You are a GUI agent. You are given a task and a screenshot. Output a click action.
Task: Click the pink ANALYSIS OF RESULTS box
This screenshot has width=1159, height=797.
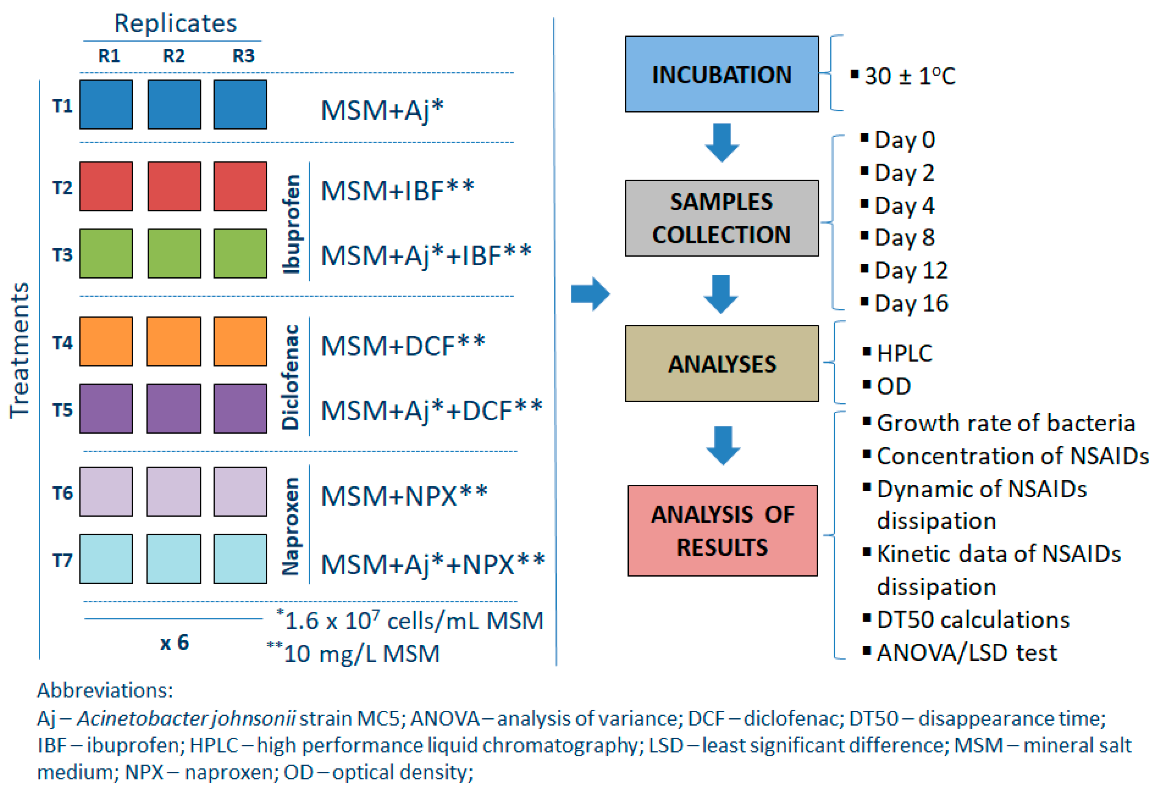[722, 530]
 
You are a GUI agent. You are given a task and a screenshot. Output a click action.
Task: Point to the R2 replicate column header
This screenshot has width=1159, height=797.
[174, 56]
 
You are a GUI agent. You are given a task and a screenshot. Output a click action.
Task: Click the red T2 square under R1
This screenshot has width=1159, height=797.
[106, 186]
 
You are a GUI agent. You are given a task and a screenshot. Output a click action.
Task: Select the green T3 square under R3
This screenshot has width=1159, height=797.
[240, 253]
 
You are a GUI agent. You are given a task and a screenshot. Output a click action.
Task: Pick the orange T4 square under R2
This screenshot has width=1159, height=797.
[174, 341]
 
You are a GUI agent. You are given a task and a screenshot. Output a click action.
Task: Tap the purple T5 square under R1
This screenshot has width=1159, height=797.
[106, 408]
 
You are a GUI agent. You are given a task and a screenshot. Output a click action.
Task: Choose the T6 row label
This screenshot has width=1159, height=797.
[62, 493]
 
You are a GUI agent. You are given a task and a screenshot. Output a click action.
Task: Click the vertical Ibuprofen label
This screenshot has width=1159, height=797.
[291, 224]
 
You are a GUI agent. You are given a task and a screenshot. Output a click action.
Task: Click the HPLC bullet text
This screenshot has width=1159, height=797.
[904, 354]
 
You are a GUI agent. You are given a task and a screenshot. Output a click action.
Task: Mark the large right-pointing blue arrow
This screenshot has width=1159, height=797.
[590, 294]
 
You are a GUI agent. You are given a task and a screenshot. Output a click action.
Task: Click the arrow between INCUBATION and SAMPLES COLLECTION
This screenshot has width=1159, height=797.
[722, 142]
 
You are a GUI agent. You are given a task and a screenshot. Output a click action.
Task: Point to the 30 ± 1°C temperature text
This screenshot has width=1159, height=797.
[909, 76]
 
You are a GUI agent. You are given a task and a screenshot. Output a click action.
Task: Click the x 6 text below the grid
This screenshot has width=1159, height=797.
[174, 642]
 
